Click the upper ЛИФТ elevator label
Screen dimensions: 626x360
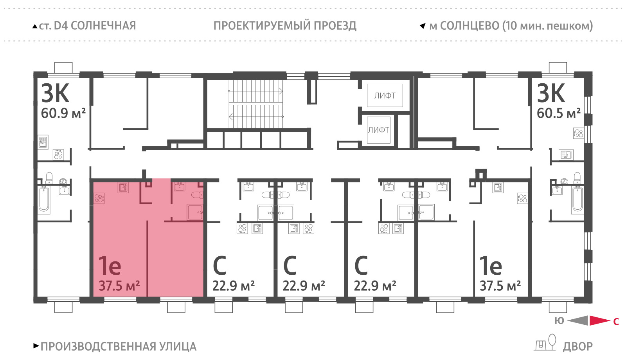[385, 95]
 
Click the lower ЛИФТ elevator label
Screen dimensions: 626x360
[379, 130]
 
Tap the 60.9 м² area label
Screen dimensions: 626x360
[63, 113]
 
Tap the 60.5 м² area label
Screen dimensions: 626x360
[559, 113]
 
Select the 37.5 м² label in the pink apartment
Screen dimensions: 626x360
[119, 286]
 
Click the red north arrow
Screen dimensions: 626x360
[600, 320]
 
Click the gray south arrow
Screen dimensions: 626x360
[577, 320]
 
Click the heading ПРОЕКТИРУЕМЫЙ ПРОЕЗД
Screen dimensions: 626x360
[285, 26]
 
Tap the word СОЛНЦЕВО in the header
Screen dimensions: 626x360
[469, 26]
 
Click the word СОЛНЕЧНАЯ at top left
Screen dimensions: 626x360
[103, 26]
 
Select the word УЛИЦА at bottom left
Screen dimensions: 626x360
[178, 347]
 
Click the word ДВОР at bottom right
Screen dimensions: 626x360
[577, 347]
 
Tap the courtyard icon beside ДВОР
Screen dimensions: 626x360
[545, 342]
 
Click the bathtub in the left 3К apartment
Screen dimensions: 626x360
[44, 200]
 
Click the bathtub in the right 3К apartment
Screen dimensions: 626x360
[577, 200]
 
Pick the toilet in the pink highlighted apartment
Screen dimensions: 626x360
[197, 194]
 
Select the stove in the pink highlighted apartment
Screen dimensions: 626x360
[99, 198]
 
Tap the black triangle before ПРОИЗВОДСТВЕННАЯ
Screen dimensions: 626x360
[36, 346]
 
